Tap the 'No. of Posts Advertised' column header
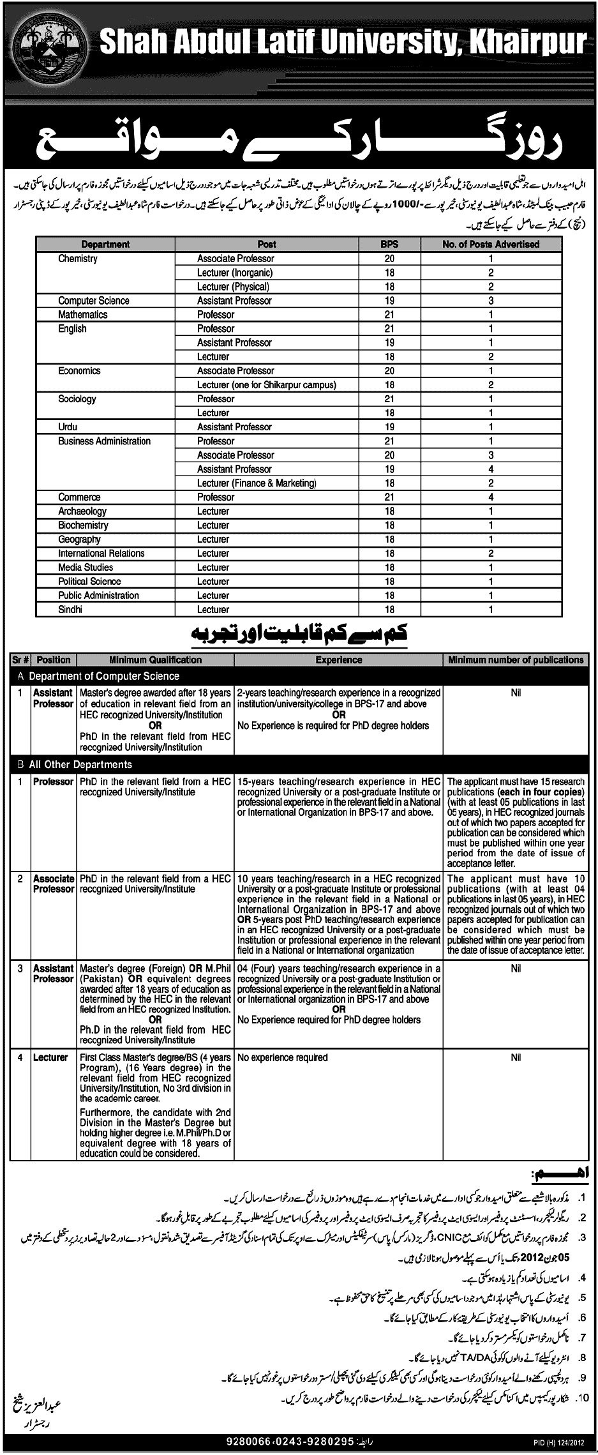pos(491,244)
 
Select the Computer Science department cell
pos(94,301)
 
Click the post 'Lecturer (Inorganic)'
pos(235,273)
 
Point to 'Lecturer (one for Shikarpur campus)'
pos(267,385)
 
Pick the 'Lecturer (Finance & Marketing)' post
pos(257,483)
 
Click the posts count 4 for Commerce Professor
pos(491,497)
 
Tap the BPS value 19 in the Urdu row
pos(389,427)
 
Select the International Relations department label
pos(101,554)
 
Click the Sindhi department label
pos(70,610)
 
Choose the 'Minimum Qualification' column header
pos(155,660)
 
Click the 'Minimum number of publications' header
pos(516,660)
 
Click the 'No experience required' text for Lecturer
pos(282,1058)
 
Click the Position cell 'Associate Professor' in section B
pos(54,884)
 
